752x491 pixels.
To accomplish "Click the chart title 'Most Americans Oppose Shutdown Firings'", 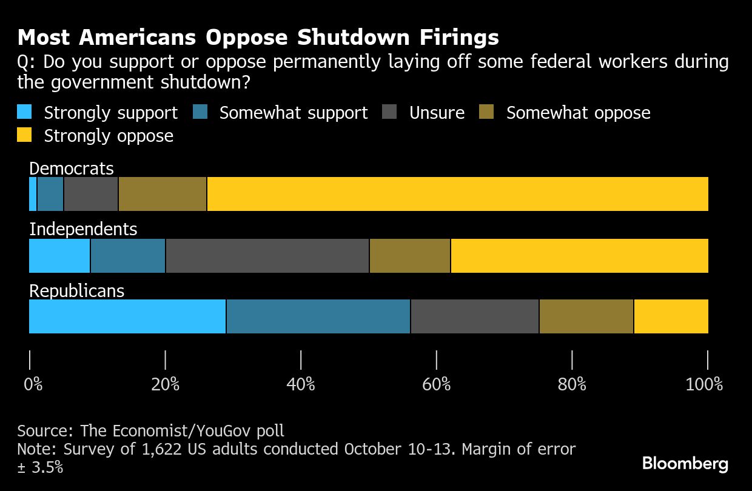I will click(258, 38).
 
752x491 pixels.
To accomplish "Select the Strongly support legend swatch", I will click(24, 113).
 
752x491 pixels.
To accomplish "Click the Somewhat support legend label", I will click(294, 113).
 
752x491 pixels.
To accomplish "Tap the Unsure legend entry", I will click(437, 113).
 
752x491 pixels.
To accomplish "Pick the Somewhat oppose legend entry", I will click(578, 113).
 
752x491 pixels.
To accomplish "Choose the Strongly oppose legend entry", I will click(109, 136).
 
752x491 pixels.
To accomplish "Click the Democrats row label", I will click(72, 169).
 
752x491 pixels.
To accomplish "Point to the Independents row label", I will click(83, 229).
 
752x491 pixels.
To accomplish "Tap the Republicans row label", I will click(77, 291).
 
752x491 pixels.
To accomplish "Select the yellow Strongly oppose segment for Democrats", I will click(457, 194).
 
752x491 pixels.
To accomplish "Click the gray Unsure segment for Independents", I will click(267, 256).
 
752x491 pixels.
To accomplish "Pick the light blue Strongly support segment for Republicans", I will click(127, 316).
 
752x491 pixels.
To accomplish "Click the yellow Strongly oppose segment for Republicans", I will click(671, 316).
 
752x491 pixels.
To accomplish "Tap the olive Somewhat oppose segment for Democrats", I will click(163, 194).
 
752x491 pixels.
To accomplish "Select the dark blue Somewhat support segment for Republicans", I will click(318, 316).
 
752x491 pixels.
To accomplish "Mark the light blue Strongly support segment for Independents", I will click(59, 256).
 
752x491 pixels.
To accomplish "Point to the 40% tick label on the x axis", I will click(301, 384).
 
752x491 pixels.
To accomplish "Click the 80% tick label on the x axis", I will click(572, 384).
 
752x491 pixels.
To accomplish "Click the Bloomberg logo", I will click(685, 464).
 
